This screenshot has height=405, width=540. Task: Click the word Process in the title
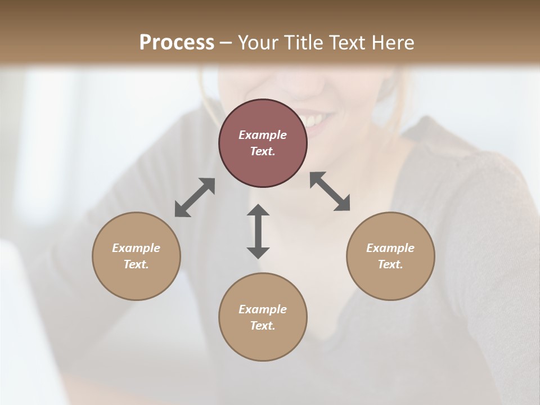(x=177, y=43)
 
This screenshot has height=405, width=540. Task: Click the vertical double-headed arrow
(x=258, y=231)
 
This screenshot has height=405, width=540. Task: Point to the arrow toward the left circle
(x=195, y=197)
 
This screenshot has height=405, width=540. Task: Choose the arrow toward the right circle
(x=330, y=191)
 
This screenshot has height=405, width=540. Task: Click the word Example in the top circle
(x=263, y=135)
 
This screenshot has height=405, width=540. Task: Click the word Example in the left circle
(x=136, y=248)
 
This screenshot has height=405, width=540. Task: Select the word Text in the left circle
(x=136, y=264)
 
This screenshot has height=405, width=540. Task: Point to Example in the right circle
(x=390, y=248)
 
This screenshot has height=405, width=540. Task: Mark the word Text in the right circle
(x=390, y=264)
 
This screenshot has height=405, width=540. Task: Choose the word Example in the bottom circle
(x=263, y=309)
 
